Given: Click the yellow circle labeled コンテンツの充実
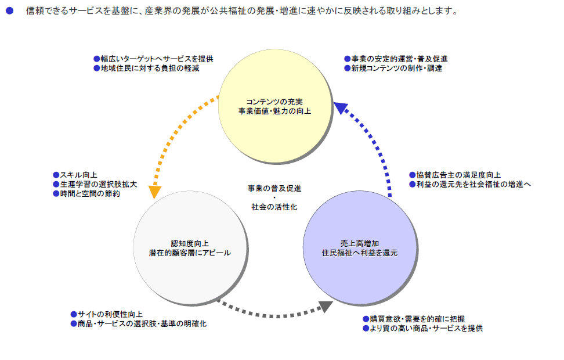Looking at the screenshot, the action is (275, 106).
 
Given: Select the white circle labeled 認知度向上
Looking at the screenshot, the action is (190, 247).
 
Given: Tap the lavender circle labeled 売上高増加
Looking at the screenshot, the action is (360, 247).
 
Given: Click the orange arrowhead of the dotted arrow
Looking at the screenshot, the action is (155, 192).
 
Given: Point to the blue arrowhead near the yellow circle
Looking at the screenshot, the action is (340, 107).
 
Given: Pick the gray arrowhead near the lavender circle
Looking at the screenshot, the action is (326, 307).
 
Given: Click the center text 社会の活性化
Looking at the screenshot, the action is (274, 207).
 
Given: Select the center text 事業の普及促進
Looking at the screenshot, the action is (274, 188).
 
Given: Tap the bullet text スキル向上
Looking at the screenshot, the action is (78, 175).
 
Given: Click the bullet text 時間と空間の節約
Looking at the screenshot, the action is (90, 194).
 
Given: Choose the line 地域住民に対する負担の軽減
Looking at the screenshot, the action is (150, 68).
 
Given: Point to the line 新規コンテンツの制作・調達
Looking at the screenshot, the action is (397, 68).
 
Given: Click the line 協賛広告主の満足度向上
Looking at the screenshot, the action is (458, 175).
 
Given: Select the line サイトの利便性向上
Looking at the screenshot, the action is (110, 314).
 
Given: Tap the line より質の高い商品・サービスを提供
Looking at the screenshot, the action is (426, 328).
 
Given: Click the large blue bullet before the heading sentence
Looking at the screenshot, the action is (10, 11).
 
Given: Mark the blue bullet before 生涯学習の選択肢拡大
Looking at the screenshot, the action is (56, 184).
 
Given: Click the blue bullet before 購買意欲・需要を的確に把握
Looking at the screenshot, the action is (366, 319).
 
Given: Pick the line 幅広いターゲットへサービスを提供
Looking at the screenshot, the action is (157, 59).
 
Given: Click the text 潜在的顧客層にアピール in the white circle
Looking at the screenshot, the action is (190, 253).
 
